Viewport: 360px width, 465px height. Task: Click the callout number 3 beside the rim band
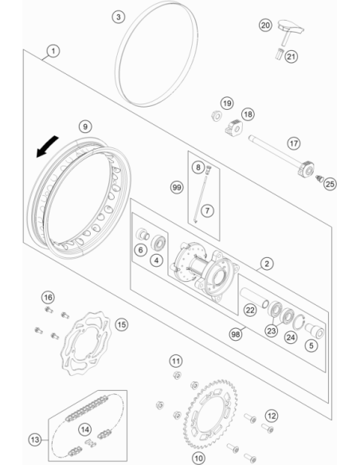click(119, 17)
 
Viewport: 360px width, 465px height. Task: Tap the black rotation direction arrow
click(47, 147)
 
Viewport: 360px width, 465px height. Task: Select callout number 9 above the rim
click(85, 127)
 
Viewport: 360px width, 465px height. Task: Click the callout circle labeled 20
click(265, 25)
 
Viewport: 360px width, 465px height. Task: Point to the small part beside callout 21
click(280, 54)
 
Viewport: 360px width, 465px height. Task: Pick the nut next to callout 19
click(217, 115)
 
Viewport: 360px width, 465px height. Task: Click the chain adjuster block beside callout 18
click(233, 127)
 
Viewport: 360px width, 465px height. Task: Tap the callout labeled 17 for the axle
click(294, 143)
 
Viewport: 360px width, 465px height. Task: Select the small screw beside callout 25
click(319, 179)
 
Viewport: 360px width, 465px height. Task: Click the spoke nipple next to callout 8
click(209, 169)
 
